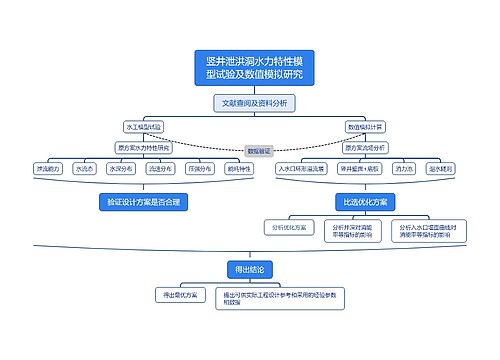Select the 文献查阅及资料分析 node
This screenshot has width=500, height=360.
[254, 103]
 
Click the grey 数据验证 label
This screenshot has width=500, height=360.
[258, 151]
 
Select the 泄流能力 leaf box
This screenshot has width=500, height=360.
[48, 169]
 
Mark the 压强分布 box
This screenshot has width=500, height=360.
[199, 169]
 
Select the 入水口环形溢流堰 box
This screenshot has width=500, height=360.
[301, 169]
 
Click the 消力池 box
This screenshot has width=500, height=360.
[404, 169]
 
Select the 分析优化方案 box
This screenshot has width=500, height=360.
[286, 228]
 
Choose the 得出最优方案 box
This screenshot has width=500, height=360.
[180, 295]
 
